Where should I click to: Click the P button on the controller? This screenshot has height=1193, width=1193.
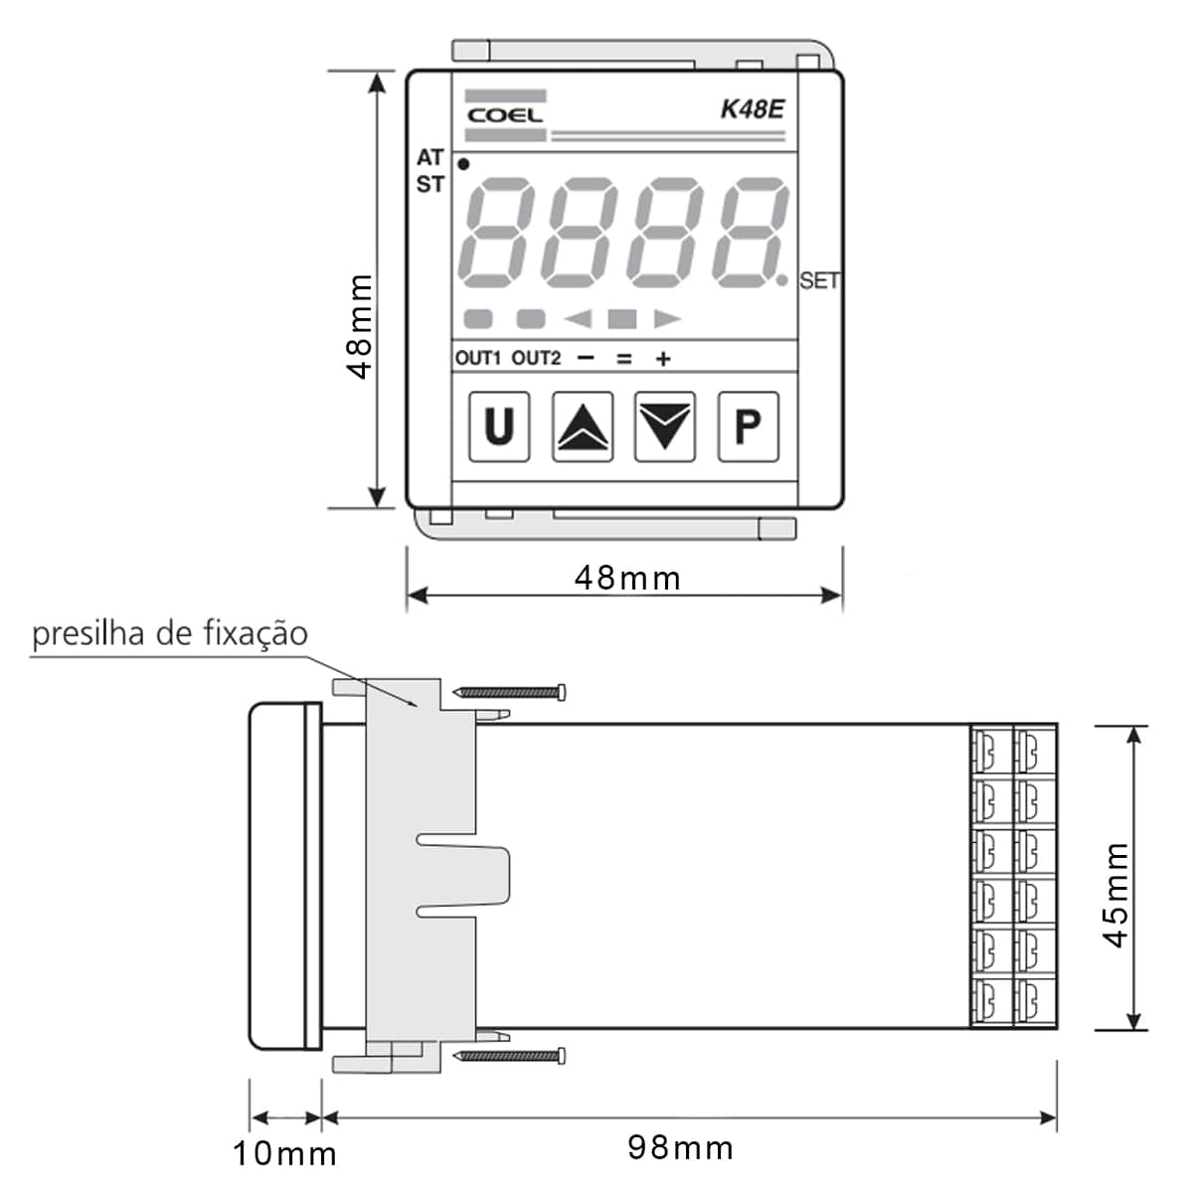(748, 426)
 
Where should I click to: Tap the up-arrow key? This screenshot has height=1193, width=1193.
(583, 426)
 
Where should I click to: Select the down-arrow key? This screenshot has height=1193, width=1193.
(665, 426)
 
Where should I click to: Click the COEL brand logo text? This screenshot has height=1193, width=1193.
(505, 115)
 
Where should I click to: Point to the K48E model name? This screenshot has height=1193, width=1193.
(753, 109)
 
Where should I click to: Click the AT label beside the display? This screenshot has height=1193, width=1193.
(430, 157)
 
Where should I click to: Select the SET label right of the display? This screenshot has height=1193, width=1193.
(819, 280)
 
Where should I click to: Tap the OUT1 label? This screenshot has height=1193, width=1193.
(478, 358)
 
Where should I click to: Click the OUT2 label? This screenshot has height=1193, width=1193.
(536, 358)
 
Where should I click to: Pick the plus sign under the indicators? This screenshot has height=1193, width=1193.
(663, 359)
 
